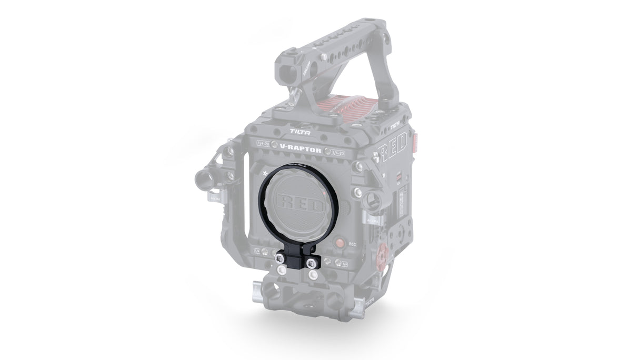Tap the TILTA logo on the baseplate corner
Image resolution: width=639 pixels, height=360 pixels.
point(370,302)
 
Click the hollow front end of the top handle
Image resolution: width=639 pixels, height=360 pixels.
point(289,56)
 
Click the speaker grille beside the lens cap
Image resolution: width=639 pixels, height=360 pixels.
point(345,207)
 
